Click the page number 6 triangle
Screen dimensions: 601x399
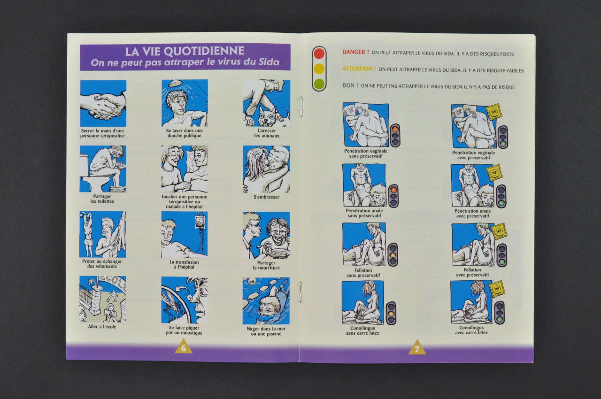pos(184,347)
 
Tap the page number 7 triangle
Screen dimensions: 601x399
pos(417,347)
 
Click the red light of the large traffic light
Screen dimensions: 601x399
pos(319,53)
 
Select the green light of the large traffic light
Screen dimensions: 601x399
pos(319,84)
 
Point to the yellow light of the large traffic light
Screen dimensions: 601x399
pos(319,69)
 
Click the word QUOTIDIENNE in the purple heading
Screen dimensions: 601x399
pos(204,51)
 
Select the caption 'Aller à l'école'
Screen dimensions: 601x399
pos(102,327)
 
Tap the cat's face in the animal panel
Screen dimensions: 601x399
pos(266,118)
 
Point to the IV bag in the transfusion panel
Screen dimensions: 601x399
pos(200,222)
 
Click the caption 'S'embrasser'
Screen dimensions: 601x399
pos(266,197)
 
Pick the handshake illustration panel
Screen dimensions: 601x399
pos(103,103)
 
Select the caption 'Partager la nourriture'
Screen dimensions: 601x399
pos(266,265)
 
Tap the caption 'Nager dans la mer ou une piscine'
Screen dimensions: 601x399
pos(266,331)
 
